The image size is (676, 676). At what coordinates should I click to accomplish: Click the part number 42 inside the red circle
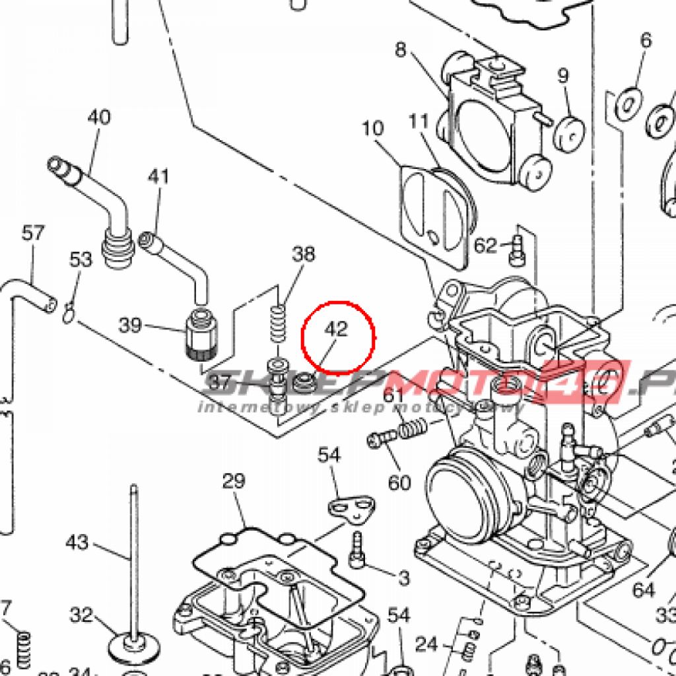pos(337,329)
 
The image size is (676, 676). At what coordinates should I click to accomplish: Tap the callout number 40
pos(99,118)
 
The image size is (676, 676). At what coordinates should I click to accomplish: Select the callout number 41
pos(158,177)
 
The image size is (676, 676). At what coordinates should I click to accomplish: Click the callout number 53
pos(81,259)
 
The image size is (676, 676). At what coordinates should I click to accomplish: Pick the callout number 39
pos(131,325)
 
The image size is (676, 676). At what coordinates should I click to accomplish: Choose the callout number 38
pos(304,254)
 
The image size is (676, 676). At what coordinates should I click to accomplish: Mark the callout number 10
pos(373,127)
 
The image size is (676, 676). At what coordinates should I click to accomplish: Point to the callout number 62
pos(486,246)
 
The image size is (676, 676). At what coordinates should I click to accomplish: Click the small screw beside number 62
pos(517,246)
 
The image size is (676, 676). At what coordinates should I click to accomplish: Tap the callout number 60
pos(399,483)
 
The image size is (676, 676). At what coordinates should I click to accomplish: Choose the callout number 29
pos(234,481)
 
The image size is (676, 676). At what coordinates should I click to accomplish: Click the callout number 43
pos(77,543)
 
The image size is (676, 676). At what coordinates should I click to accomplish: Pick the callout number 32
pos(82,615)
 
